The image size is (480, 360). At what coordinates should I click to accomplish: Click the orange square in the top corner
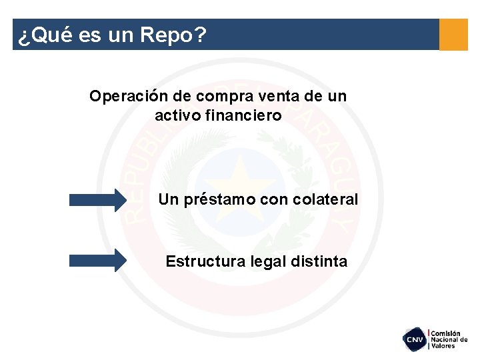pos(453,34)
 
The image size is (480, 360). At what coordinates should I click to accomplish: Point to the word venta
pos(275,96)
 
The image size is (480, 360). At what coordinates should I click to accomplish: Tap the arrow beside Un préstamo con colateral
pos(97,199)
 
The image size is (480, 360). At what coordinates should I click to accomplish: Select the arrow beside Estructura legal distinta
pos(97,260)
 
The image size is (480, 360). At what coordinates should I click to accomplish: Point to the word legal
pos(267,261)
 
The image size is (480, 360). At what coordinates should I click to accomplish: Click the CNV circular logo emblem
pos(415,339)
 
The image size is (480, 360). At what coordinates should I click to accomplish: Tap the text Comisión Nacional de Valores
pos(449,339)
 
